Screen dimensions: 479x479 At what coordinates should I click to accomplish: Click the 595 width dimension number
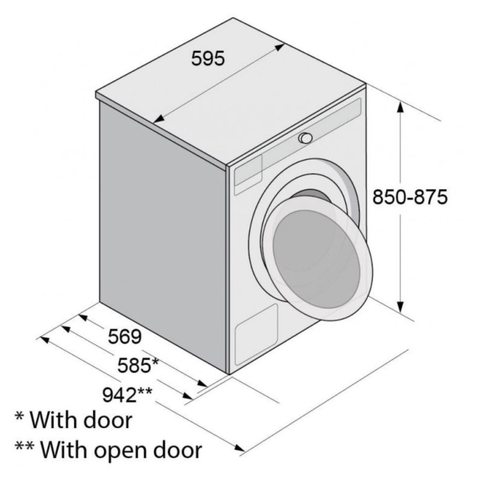208,58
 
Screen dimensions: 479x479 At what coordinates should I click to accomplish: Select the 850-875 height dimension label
410,197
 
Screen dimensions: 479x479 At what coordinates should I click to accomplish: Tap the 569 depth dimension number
125,336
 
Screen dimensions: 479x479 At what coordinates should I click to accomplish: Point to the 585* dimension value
138,365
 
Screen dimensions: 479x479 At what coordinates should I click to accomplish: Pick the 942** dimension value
127,395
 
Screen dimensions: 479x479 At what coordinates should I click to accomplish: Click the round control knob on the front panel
306,138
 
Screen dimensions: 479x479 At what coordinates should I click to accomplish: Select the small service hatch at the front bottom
256,335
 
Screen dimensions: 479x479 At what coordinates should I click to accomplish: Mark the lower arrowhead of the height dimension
400,307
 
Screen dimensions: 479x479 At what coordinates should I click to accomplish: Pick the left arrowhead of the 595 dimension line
159,119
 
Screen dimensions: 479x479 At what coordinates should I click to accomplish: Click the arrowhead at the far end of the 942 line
239,448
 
